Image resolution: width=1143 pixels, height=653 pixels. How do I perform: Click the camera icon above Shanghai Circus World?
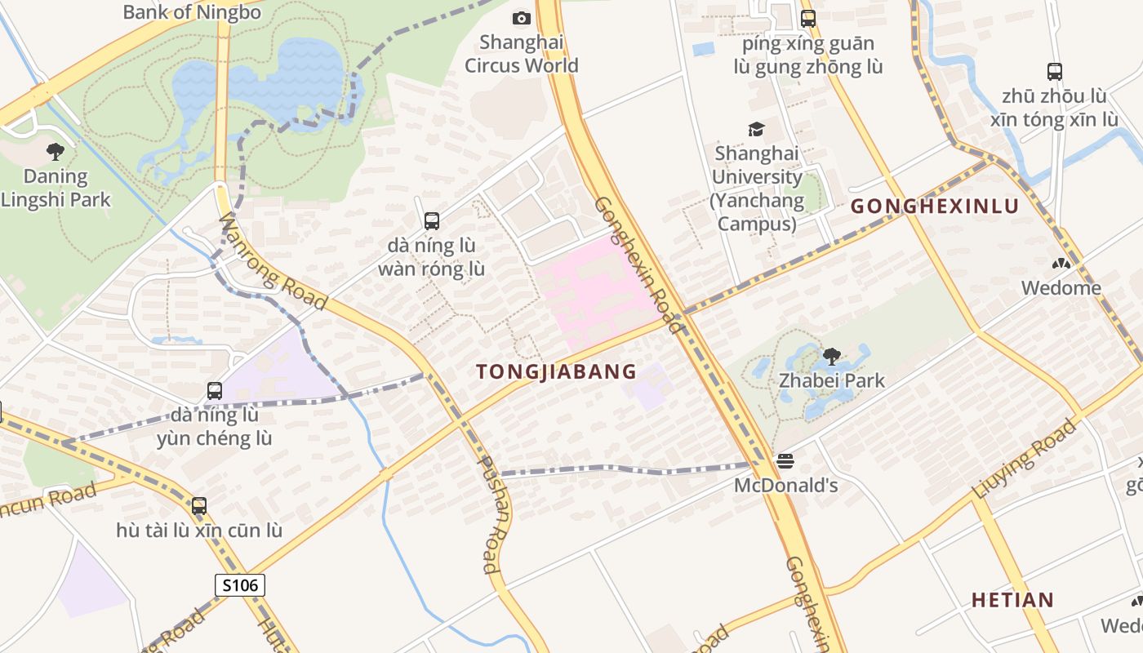click(x=521, y=18)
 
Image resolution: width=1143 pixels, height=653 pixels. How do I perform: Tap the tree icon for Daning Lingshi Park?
click(x=56, y=151)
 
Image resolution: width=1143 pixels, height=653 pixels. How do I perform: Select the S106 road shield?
click(x=240, y=584)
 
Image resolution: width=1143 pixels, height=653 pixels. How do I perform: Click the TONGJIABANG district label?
click(x=556, y=371)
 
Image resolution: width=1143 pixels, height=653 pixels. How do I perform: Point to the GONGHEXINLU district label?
click(x=935, y=206)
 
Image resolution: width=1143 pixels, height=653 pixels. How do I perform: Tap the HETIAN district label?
click(x=1012, y=600)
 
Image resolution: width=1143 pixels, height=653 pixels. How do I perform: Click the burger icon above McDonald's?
click(x=785, y=461)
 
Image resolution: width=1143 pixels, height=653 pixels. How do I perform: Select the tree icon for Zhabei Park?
click(x=832, y=356)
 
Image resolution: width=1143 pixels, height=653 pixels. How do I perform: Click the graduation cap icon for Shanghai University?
click(x=756, y=129)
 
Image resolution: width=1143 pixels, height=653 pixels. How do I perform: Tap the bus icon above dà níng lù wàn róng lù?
click(x=432, y=220)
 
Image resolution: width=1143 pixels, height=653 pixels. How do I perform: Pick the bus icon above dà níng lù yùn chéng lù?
click(x=215, y=391)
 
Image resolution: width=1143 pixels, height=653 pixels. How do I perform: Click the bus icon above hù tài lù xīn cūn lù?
click(x=199, y=506)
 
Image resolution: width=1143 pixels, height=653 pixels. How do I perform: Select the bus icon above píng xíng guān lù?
click(x=808, y=18)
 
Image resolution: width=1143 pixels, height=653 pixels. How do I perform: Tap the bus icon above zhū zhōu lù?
click(x=1055, y=72)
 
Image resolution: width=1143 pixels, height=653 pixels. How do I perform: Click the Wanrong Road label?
click(x=274, y=263)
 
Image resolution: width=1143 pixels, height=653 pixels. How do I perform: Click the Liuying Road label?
click(x=1025, y=459)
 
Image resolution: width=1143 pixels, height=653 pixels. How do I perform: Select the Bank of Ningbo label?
click(x=192, y=11)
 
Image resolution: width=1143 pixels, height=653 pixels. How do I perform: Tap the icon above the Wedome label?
click(x=1061, y=264)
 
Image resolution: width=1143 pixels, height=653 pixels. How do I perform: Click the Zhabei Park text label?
click(x=831, y=380)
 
